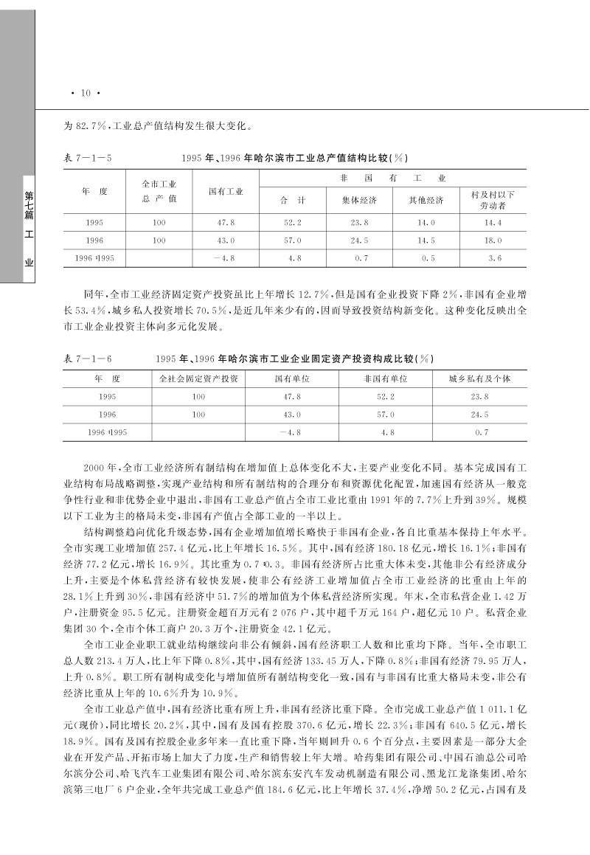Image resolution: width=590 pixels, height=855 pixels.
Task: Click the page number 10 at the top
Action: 85,93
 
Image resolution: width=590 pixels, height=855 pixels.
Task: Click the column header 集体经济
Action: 359,201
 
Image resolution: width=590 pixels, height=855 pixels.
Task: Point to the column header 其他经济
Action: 426,201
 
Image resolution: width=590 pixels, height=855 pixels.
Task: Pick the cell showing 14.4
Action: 493,222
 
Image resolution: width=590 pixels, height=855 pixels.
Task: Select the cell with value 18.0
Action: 493,240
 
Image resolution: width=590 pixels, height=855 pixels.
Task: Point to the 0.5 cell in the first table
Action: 428,259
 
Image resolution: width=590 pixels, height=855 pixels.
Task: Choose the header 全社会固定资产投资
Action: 198,378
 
